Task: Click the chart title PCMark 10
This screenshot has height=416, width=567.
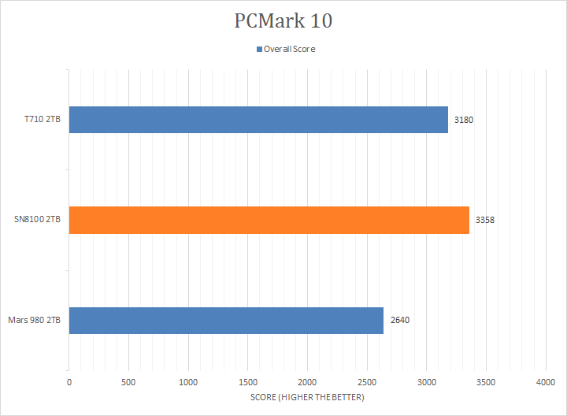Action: click(x=283, y=21)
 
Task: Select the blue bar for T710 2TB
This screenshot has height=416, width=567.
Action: click(x=258, y=120)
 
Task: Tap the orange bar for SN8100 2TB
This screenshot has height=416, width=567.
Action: click(x=269, y=220)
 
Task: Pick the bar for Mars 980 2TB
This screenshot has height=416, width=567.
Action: click(x=226, y=320)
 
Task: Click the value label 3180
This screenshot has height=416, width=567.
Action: click(x=464, y=121)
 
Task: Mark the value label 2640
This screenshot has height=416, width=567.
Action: click(x=400, y=321)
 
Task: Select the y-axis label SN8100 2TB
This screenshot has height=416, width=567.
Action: click(x=38, y=221)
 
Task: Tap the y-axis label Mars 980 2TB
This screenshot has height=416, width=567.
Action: click(x=35, y=321)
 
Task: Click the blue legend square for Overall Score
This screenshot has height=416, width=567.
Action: click(x=259, y=49)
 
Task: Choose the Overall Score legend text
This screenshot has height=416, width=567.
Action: click(x=289, y=49)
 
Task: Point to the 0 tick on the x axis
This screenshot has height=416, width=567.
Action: click(x=69, y=382)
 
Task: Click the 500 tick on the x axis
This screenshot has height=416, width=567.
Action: click(x=128, y=382)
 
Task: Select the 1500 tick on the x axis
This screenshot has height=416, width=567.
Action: click(x=247, y=382)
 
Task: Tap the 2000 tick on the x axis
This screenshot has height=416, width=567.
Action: click(x=307, y=382)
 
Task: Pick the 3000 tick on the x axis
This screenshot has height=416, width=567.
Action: click(x=426, y=382)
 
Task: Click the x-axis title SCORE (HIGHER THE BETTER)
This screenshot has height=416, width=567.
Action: click(x=307, y=397)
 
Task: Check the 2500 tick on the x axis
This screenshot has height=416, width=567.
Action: click(x=367, y=382)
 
